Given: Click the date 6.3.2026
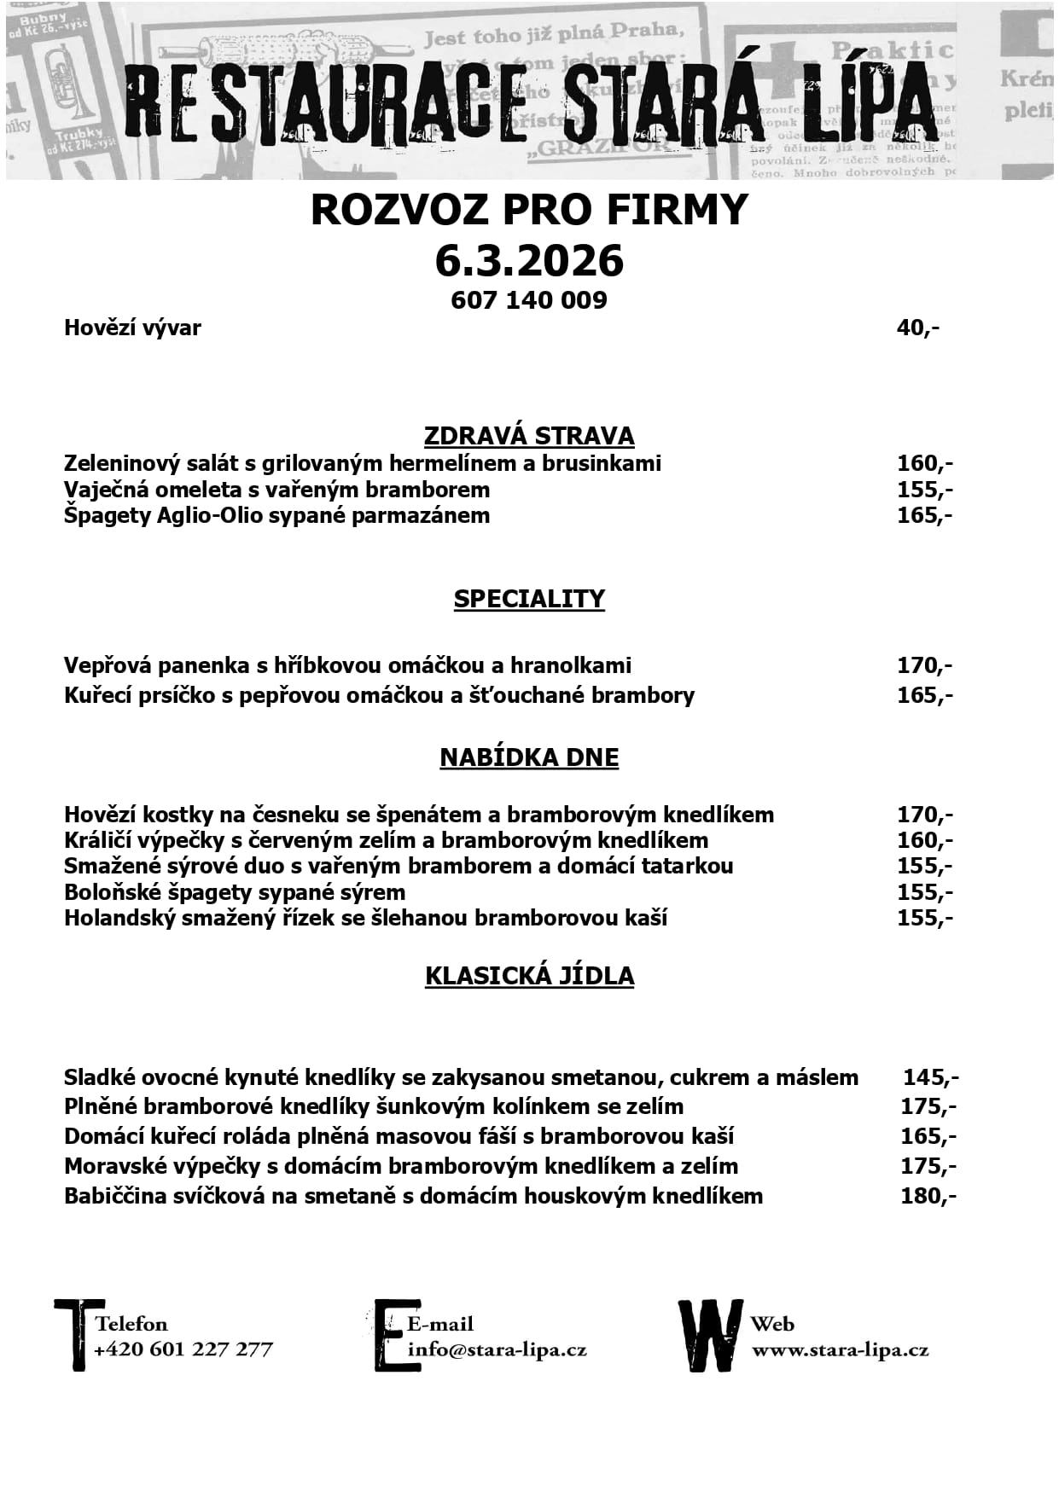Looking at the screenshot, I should coord(529,261).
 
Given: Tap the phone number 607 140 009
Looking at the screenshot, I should coord(529,300).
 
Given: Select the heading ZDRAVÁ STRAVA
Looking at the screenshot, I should coord(529,436).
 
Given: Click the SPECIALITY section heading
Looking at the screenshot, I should coord(529,599).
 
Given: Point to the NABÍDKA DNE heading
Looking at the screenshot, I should coord(529,757).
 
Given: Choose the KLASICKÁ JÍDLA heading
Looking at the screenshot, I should coord(529,976).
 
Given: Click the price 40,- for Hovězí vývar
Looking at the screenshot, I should coord(918,328).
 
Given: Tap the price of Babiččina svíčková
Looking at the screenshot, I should coord(928,1196).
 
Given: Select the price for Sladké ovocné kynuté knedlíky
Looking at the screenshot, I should coord(930,1077).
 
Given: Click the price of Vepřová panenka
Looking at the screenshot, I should coord(924,665).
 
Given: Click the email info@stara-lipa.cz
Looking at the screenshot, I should coord(497,1350).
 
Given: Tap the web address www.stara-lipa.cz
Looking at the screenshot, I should coord(840,1350).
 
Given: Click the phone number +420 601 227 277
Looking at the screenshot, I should coord(183,1349).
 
